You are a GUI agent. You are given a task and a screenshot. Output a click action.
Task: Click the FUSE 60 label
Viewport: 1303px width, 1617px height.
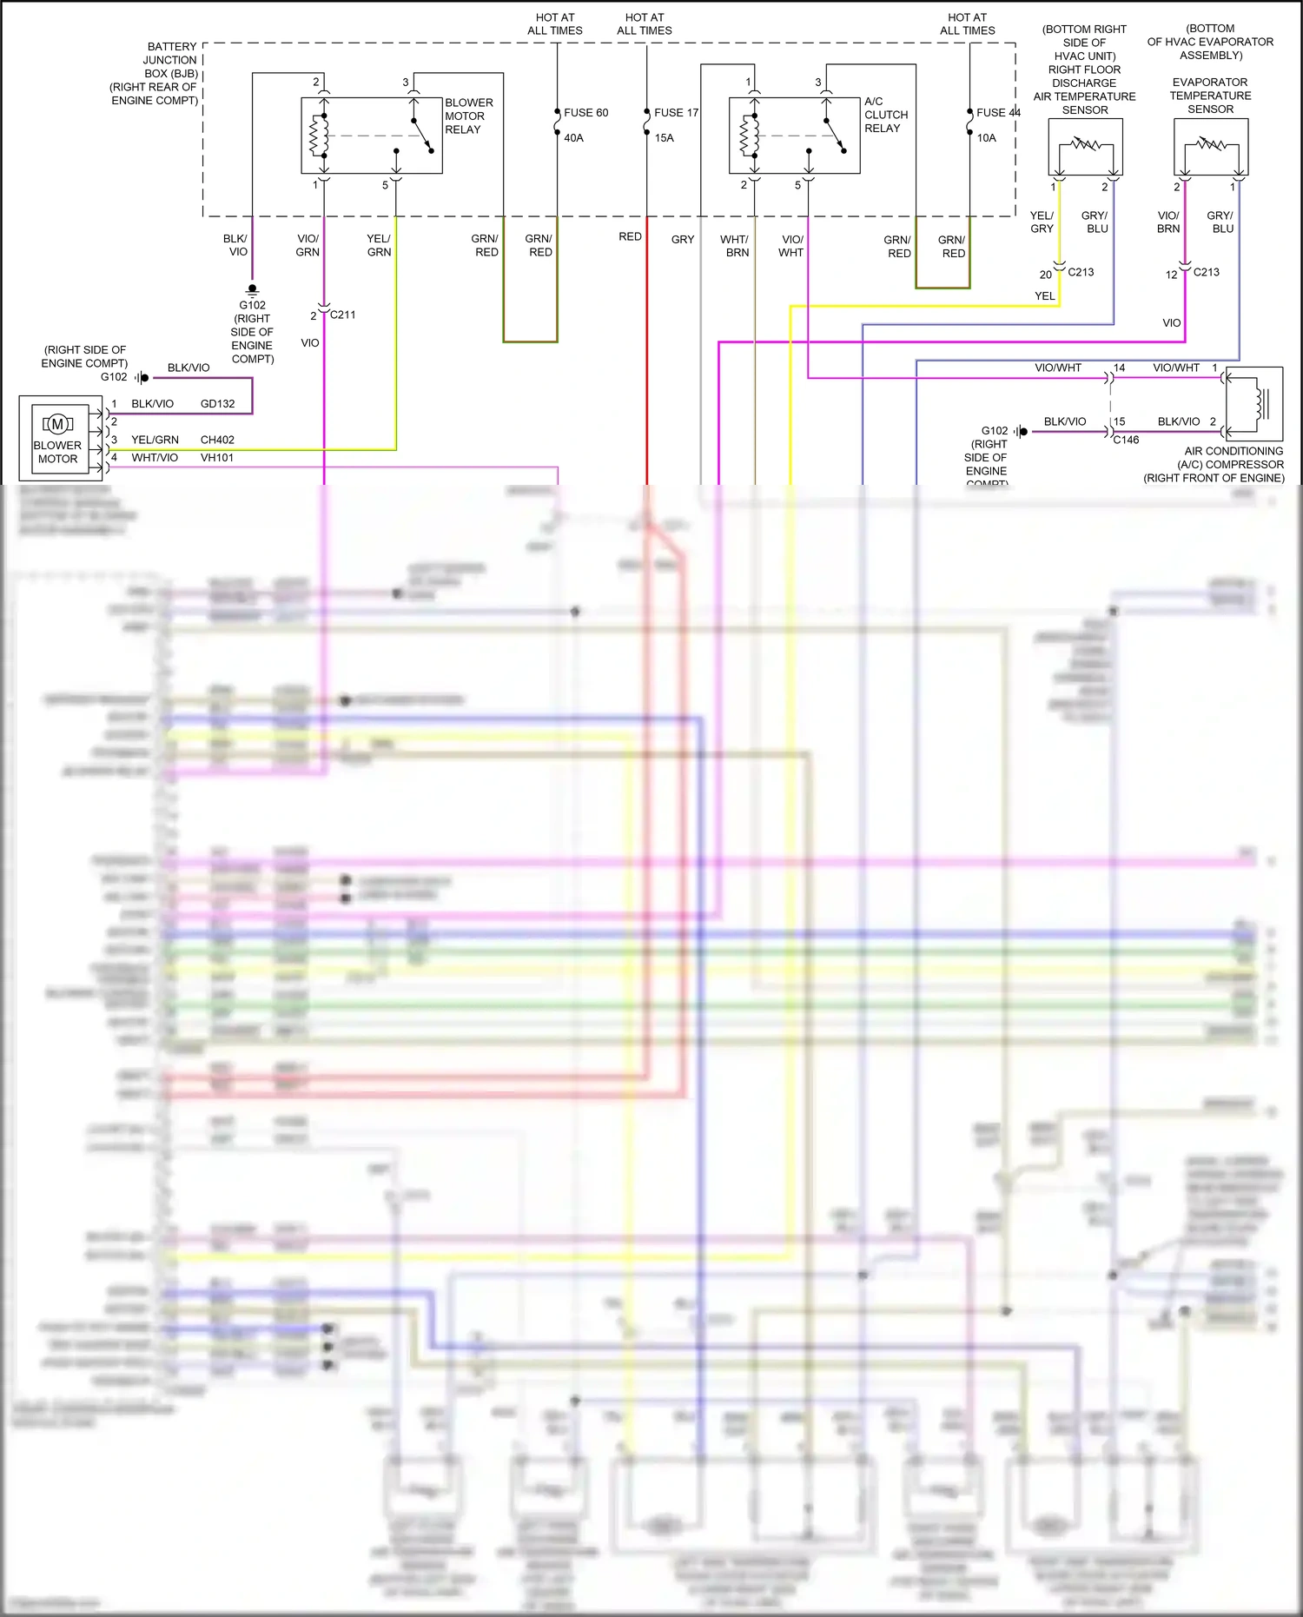[x=585, y=113]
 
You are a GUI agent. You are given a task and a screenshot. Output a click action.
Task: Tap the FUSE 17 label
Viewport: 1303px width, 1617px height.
[x=676, y=113]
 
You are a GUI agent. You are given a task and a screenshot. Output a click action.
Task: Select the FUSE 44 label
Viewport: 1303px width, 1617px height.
[x=997, y=113]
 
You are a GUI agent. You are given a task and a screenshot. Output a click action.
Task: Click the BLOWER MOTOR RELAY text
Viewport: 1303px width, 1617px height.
[x=468, y=116]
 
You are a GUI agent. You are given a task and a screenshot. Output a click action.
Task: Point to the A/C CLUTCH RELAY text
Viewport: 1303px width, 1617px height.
[x=885, y=115]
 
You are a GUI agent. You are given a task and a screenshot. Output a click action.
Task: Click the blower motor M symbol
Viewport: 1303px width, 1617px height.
[x=57, y=424]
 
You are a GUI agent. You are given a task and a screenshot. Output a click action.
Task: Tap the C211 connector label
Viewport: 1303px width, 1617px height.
[x=342, y=315]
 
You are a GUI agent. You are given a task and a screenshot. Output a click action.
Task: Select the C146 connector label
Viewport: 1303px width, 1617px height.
[x=1126, y=440]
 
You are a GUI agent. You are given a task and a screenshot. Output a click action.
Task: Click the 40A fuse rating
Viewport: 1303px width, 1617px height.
[x=573, y=138]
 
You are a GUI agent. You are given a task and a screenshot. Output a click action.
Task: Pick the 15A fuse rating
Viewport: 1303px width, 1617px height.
[x=664, y=138]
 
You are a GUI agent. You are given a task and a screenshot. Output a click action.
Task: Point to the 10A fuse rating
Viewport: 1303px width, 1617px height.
[x=986, y=138]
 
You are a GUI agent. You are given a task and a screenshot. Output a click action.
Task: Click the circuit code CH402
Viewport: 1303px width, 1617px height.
[x=217, y=440]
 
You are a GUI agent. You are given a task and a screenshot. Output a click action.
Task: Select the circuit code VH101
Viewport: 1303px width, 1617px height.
[x=217, y=458]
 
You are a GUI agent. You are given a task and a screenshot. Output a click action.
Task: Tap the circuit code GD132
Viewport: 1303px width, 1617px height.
[x=217, y=404]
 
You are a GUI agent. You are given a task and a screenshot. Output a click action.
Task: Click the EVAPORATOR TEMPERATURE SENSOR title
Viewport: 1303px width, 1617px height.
[x=1210, y=96]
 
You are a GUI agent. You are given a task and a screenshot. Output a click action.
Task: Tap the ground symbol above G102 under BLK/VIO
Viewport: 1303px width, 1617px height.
[x=252, y=289]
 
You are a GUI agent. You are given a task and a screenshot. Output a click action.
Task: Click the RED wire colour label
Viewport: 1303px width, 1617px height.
[x=630, y=236]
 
